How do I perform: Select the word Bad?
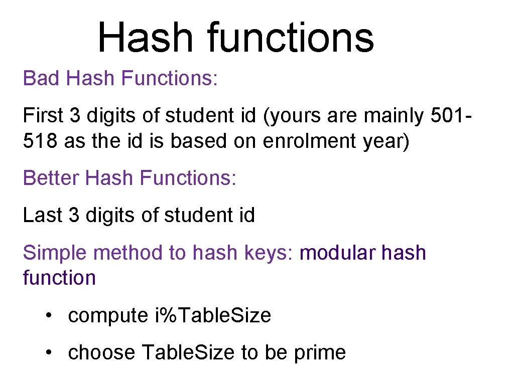pos(41,78)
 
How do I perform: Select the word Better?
pos(51,178)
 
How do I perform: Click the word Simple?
pos(55,253)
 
